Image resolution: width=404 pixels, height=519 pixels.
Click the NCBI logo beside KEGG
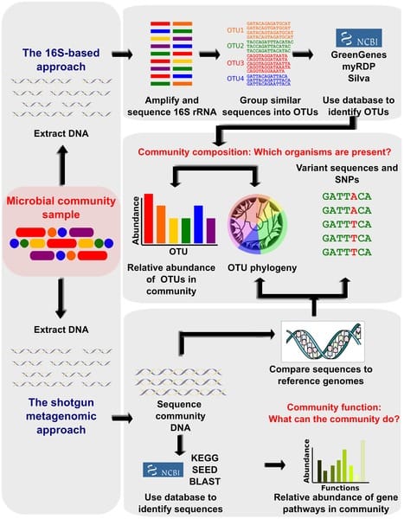[x=163, y=470]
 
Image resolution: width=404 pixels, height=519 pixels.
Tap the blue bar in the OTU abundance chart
[x=198, y=224]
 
